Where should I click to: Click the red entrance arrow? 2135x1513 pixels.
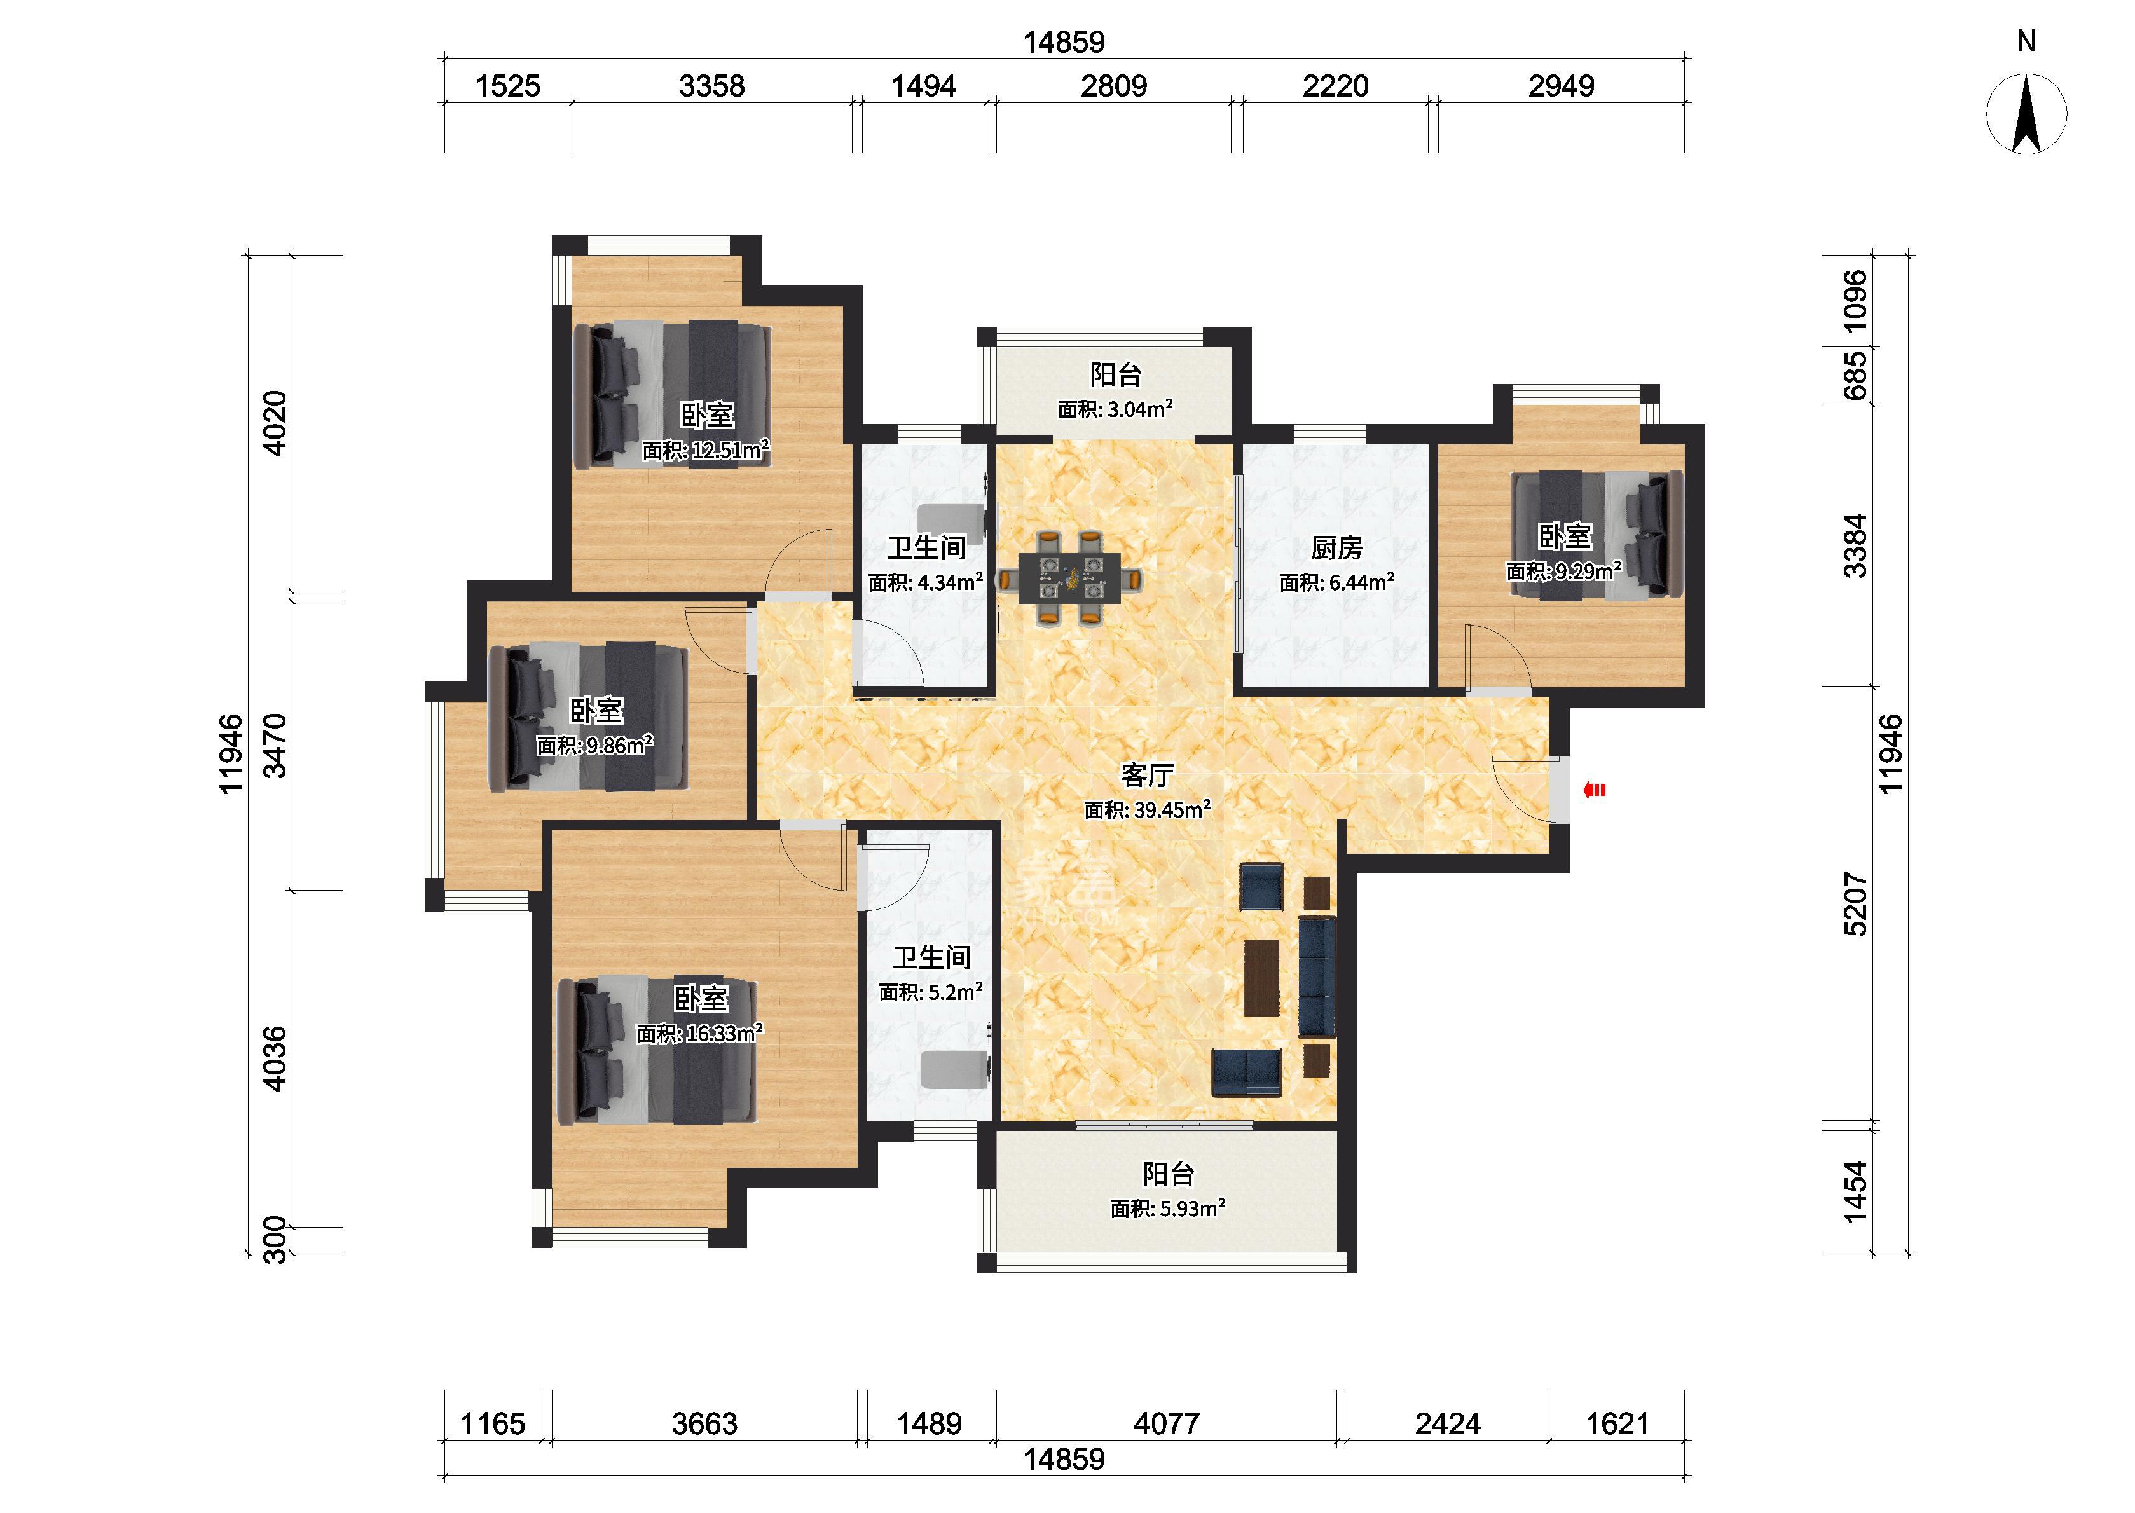coord(1595,791)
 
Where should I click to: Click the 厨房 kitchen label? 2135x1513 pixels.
coord(1336,548)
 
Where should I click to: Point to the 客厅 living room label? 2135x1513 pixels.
coord(1147,775)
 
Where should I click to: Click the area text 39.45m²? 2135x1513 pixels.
coord(1171,810)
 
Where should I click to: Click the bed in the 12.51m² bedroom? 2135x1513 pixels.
coord(671,395)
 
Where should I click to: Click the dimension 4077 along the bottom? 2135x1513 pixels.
coord(1166,1423)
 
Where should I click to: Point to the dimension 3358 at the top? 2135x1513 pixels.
coord(711,86)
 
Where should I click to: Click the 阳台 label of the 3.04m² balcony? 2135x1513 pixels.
coord(1116,374)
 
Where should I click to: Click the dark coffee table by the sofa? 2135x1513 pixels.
coord(1262,977)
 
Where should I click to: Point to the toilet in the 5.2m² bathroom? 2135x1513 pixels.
coord(954,1069)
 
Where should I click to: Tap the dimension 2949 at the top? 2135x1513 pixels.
coord(1562,86)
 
